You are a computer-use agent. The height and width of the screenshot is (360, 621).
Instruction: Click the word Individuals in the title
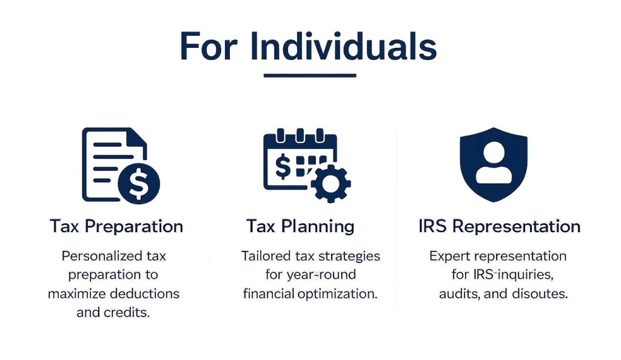point(343,46)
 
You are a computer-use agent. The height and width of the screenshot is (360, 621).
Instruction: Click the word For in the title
point(209,46)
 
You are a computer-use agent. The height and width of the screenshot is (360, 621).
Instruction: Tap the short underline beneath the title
point(310,75)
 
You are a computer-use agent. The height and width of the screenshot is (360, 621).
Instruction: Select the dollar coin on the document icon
point(139,183)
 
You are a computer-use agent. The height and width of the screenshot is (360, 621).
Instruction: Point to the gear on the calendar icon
point(331,184)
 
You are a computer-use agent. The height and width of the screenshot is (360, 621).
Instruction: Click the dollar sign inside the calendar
point(283,167)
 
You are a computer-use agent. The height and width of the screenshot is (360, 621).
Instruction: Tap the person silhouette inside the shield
point(494,162)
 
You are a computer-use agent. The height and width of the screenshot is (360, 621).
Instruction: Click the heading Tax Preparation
point(116,226)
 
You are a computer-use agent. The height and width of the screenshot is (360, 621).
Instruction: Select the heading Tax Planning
point(300,226)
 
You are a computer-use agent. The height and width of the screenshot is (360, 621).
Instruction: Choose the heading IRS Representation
point(500,226)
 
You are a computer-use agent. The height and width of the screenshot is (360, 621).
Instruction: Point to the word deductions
point(144,293)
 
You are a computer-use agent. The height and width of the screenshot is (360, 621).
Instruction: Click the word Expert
point(449,256)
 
